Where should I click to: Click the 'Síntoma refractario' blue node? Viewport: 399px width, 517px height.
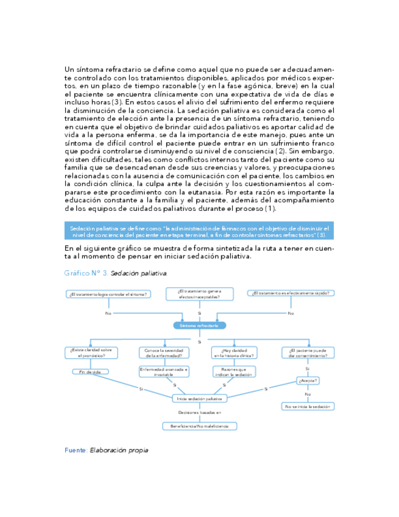point(199,326)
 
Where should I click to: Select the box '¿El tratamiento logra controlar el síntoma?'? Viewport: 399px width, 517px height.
point(108,294)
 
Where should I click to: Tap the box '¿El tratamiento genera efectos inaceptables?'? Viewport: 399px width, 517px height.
point(199,294)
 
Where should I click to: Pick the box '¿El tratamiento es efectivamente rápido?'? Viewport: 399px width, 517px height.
point(291,293)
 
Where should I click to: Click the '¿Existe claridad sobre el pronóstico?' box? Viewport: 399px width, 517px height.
point(91,352)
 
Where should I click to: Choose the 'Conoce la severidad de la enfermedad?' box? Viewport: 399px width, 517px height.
point(163,352)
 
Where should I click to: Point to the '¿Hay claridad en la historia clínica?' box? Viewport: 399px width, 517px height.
point(235,352)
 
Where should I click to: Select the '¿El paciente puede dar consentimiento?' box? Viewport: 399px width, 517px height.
point(308,352)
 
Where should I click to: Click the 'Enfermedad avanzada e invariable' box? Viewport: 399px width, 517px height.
point(164,371)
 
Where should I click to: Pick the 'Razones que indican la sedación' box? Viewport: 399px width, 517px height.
point(235,371)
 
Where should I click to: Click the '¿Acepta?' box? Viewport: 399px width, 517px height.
point(308,381)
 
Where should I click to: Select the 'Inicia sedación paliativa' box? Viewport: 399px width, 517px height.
point(199,398)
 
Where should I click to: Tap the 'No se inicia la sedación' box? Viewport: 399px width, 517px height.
point(308,406)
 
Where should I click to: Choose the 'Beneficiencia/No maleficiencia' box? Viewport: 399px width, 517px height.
point(199,426)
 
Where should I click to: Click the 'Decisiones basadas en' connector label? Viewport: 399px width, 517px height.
point(199,413)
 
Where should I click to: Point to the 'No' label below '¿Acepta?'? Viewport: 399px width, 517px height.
point(308,394)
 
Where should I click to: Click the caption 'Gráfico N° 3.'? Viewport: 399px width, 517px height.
point(86,273)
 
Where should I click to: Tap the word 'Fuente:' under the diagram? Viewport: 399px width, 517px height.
point(76,450)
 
